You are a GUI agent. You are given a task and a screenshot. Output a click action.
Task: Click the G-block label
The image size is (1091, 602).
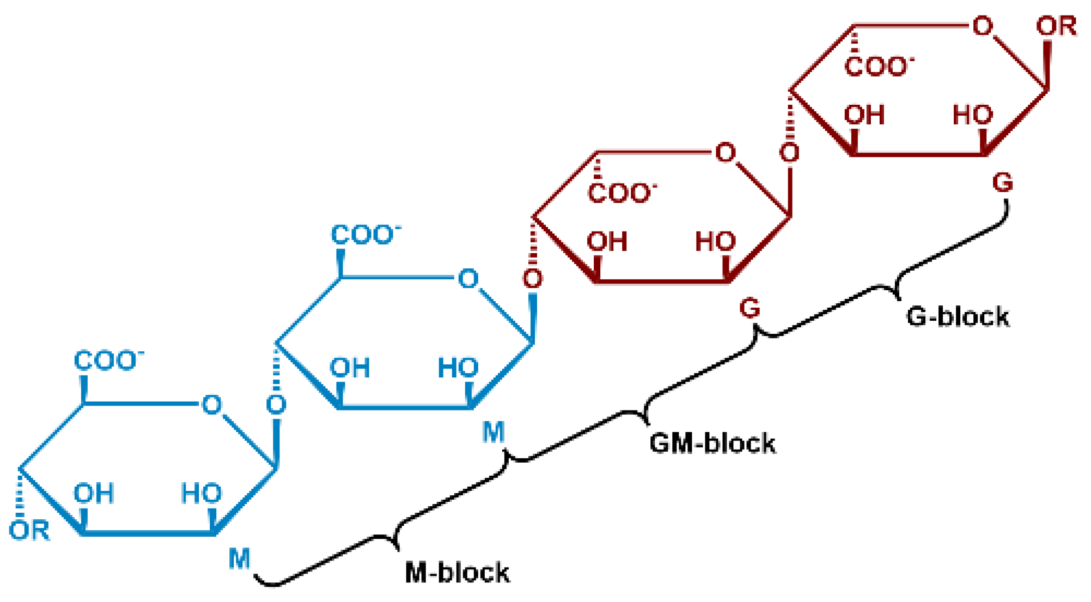(x=957, y=317)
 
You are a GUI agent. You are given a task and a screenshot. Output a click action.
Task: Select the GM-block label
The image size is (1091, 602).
(x=712, y=444)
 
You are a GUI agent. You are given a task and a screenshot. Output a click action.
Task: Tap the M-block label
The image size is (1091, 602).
(x=457, y=572)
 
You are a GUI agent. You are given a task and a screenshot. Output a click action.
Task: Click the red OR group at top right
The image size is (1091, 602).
(x=1056, y=26)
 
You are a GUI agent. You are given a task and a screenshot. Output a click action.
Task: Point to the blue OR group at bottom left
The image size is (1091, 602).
(x=30, y=530)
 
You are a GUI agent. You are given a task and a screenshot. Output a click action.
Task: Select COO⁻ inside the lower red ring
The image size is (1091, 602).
(x=621, y=193)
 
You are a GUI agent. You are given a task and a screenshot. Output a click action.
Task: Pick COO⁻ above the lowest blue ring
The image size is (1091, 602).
(x=108, y=360)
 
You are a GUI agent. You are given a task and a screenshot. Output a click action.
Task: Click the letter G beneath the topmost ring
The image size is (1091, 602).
(x=1002, y=182)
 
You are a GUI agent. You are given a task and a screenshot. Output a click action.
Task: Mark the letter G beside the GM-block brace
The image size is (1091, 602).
(x=750, y=308)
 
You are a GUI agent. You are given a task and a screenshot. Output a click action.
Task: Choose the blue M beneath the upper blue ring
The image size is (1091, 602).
(x=493, y=432)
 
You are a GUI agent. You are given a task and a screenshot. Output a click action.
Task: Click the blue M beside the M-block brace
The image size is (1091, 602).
(x=239, y=558)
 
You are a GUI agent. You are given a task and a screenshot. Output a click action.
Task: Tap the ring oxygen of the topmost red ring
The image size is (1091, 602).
(x=982, y=26)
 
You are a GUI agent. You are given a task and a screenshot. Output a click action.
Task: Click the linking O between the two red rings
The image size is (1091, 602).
(x=790, y=152)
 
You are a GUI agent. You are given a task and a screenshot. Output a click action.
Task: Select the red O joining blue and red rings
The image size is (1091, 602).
(x=532, y=279)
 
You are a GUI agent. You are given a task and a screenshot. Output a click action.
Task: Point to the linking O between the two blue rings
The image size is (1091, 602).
(x=276, y=405)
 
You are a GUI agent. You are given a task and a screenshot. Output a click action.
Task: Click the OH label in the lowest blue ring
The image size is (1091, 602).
(x=94, y=493)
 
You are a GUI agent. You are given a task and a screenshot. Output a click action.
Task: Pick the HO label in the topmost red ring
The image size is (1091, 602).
(x=972, y=115)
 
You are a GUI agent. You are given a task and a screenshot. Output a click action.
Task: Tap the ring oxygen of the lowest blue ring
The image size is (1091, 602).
(x=211, y=405)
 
